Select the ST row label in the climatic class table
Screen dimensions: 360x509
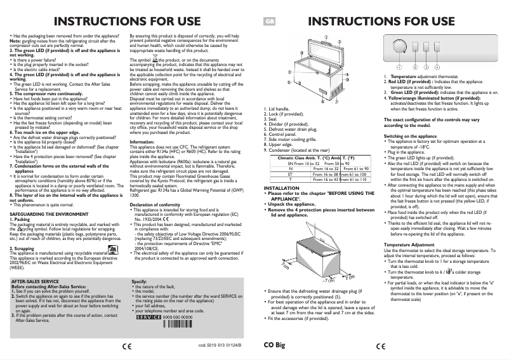coord(289,173)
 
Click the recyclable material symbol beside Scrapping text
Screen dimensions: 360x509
coord(112,251)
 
